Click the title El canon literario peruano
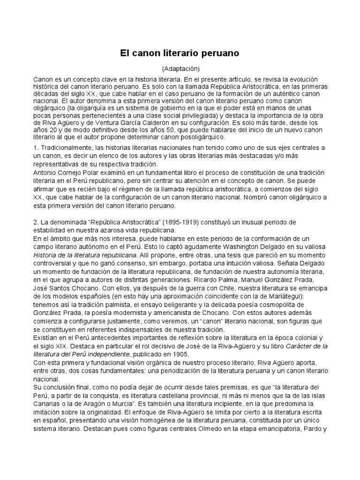pos(180,53)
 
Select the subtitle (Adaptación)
pos(180,68)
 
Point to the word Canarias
pos(47,395)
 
